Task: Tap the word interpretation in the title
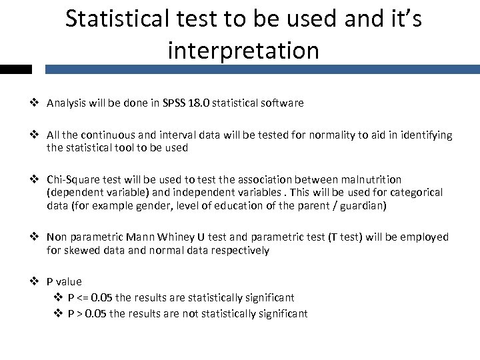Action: pyautogui.click(x=243, y=50)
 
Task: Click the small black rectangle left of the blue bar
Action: pyautogui.click(x=15, y=69)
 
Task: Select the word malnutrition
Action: pyautogui.click(x=369, y=180)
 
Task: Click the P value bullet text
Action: pyautogui.click(x=64, y=282)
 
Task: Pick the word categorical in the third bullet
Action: pyautogui.click(x=416, y=193)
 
